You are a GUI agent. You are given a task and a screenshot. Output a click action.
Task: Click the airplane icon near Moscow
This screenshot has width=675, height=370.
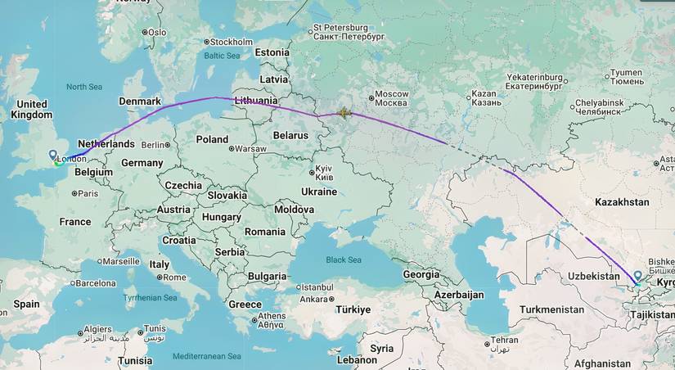(344, 113)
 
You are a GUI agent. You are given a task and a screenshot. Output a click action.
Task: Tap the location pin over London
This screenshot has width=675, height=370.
(53, 155)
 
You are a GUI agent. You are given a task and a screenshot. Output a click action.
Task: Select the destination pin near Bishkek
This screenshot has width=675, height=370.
(638, 277)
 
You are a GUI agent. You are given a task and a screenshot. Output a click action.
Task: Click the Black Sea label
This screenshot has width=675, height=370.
(343, 259)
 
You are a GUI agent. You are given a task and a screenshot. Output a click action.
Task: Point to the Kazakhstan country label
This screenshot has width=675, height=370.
(622, 201)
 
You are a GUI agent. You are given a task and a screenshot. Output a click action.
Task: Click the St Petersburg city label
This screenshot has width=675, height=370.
(348, 32)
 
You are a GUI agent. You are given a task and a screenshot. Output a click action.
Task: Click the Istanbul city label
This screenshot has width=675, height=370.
(316, 287)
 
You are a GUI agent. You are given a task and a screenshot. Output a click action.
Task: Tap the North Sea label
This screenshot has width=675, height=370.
(83, 87)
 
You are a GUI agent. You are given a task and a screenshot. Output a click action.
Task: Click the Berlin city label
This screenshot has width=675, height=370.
(153, 145)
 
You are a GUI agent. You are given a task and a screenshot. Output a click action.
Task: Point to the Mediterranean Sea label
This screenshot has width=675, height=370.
(207, 357)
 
